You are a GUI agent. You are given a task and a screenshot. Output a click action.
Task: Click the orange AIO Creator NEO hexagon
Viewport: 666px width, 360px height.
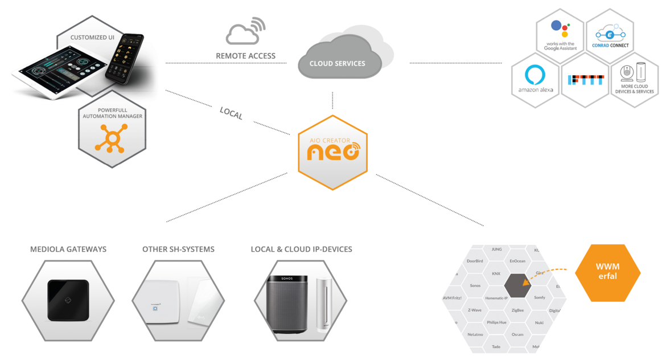(x=333, y=152)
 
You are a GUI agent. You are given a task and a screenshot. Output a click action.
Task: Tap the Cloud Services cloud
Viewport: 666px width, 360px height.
(x=337, y=59)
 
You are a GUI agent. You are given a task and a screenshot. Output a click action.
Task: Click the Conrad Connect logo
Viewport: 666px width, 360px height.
(x=610, y=35)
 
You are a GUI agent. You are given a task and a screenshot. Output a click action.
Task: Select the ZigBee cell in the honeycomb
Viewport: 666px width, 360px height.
(x=517, y=310)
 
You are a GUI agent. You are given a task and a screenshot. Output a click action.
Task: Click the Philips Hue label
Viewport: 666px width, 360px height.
(x=496, y=322)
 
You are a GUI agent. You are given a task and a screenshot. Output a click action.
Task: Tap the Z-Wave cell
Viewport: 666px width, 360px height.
(x=475, y=310)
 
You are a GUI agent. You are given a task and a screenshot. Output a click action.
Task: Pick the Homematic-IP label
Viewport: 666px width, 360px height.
(x=496, y=298)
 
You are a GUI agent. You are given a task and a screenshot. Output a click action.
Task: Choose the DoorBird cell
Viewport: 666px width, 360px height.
(x=475, y=261)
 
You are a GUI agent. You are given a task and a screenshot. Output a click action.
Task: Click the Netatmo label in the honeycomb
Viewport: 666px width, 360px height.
(x=475, y=334)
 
